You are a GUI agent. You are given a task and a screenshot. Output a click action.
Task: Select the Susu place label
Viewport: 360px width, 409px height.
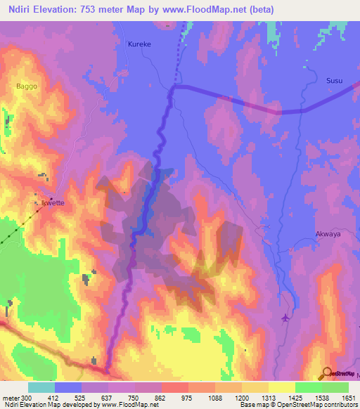pos(334,81)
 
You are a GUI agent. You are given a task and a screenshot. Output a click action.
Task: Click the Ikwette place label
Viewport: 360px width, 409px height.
pos(53,202)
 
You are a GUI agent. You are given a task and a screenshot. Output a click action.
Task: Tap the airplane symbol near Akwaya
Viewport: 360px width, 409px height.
pos(285,318)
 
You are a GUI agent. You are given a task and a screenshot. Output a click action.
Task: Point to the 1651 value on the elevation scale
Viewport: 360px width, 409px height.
pos(349,398)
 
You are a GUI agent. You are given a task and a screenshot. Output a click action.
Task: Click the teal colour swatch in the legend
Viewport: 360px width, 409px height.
pos(41,387)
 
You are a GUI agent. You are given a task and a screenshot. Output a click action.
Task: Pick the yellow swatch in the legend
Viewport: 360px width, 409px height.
pos(281,387)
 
